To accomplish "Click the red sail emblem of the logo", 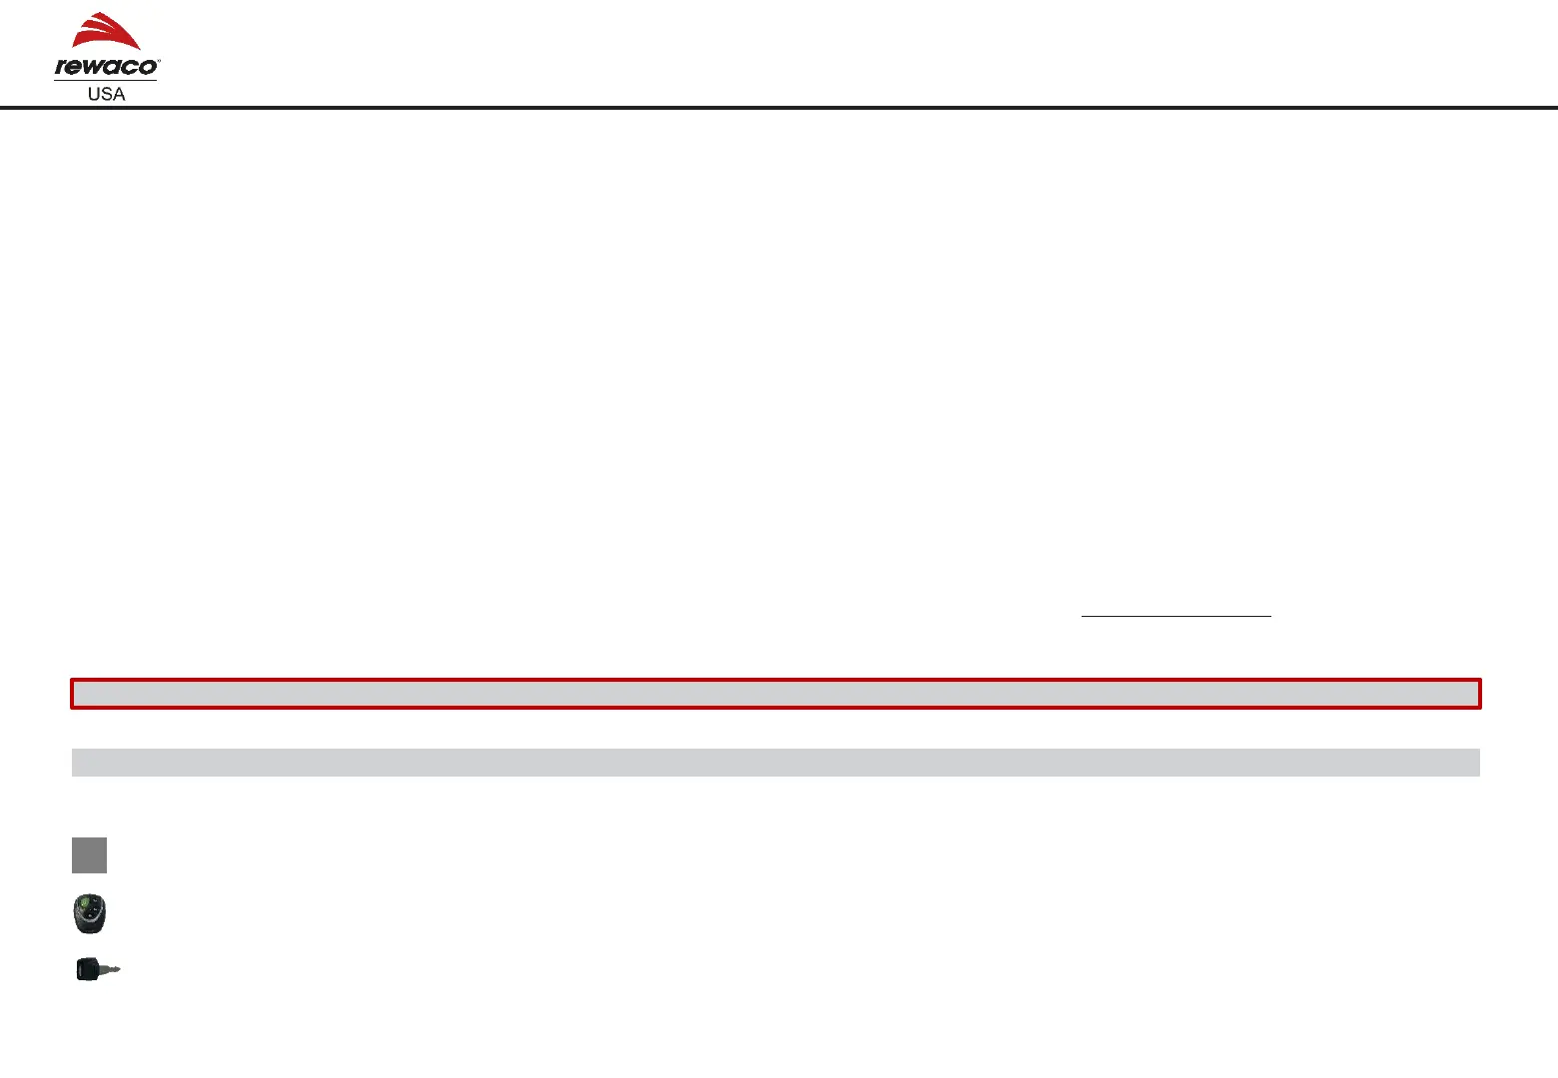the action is [x=106, y=32].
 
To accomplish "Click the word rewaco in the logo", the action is [x=105, y=68].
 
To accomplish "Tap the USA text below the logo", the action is [x=106, y=94].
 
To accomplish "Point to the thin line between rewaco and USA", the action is [x=105, y=80].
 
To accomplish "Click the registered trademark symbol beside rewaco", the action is [x=158, y=61].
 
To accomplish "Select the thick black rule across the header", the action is [x=779, y=107].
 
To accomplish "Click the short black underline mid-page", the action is [x=1175, y=616].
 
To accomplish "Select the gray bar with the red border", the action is [x=775, y=694].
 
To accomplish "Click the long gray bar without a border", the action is [x=775, y=763].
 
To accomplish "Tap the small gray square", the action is [x=89, y=855].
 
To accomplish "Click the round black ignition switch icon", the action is [x=89, y=914].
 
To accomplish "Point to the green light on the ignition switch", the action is [x=88, y=906].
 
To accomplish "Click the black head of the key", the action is [x=88, y=970].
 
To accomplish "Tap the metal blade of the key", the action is [x=111, y=968].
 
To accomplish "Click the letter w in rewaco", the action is [x=94, y=68].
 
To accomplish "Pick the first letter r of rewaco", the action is [x=61, y=68].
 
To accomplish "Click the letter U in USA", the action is [x=94, y=94].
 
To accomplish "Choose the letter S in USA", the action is [x=106, y=94].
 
